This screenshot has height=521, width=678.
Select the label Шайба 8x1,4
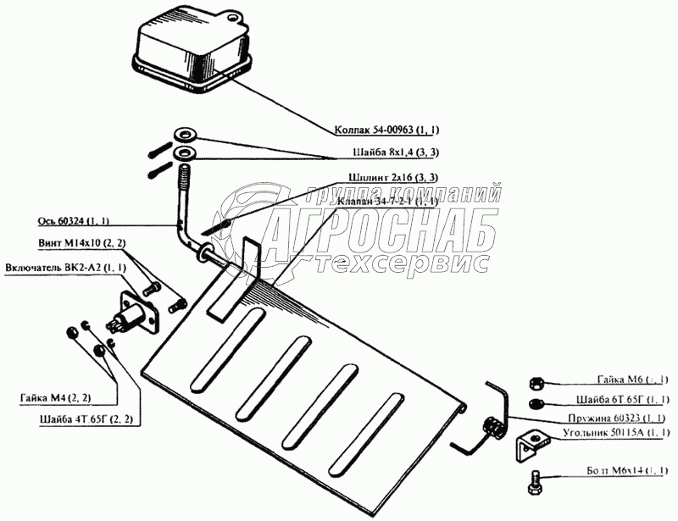[394, 152]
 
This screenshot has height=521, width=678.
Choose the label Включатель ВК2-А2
[66, 268]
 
